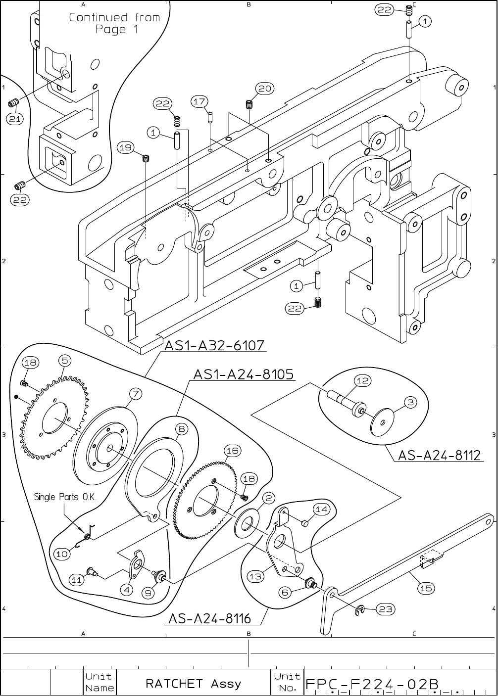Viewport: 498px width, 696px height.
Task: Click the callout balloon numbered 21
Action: (16, 119)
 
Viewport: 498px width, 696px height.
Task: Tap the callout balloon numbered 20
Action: (265, 89)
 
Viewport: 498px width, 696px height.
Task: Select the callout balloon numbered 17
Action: (199, 102)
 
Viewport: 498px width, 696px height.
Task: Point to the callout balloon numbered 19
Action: (126, 147)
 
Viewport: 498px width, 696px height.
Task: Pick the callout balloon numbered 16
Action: (232, 451)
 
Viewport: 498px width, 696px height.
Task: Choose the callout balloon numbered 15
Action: (426, 588)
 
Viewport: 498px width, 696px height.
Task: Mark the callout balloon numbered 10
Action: (62, 555)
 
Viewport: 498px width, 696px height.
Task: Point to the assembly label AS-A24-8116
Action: (210, 619)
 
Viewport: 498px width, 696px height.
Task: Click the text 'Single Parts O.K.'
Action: (65, 497)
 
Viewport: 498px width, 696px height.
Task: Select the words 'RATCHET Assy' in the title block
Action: (193, 684)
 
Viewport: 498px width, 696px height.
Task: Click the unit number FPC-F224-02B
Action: (372, 684)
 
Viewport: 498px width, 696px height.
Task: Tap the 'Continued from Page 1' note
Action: (114, 23)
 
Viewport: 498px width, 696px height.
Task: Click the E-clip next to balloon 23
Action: (361, 611)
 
